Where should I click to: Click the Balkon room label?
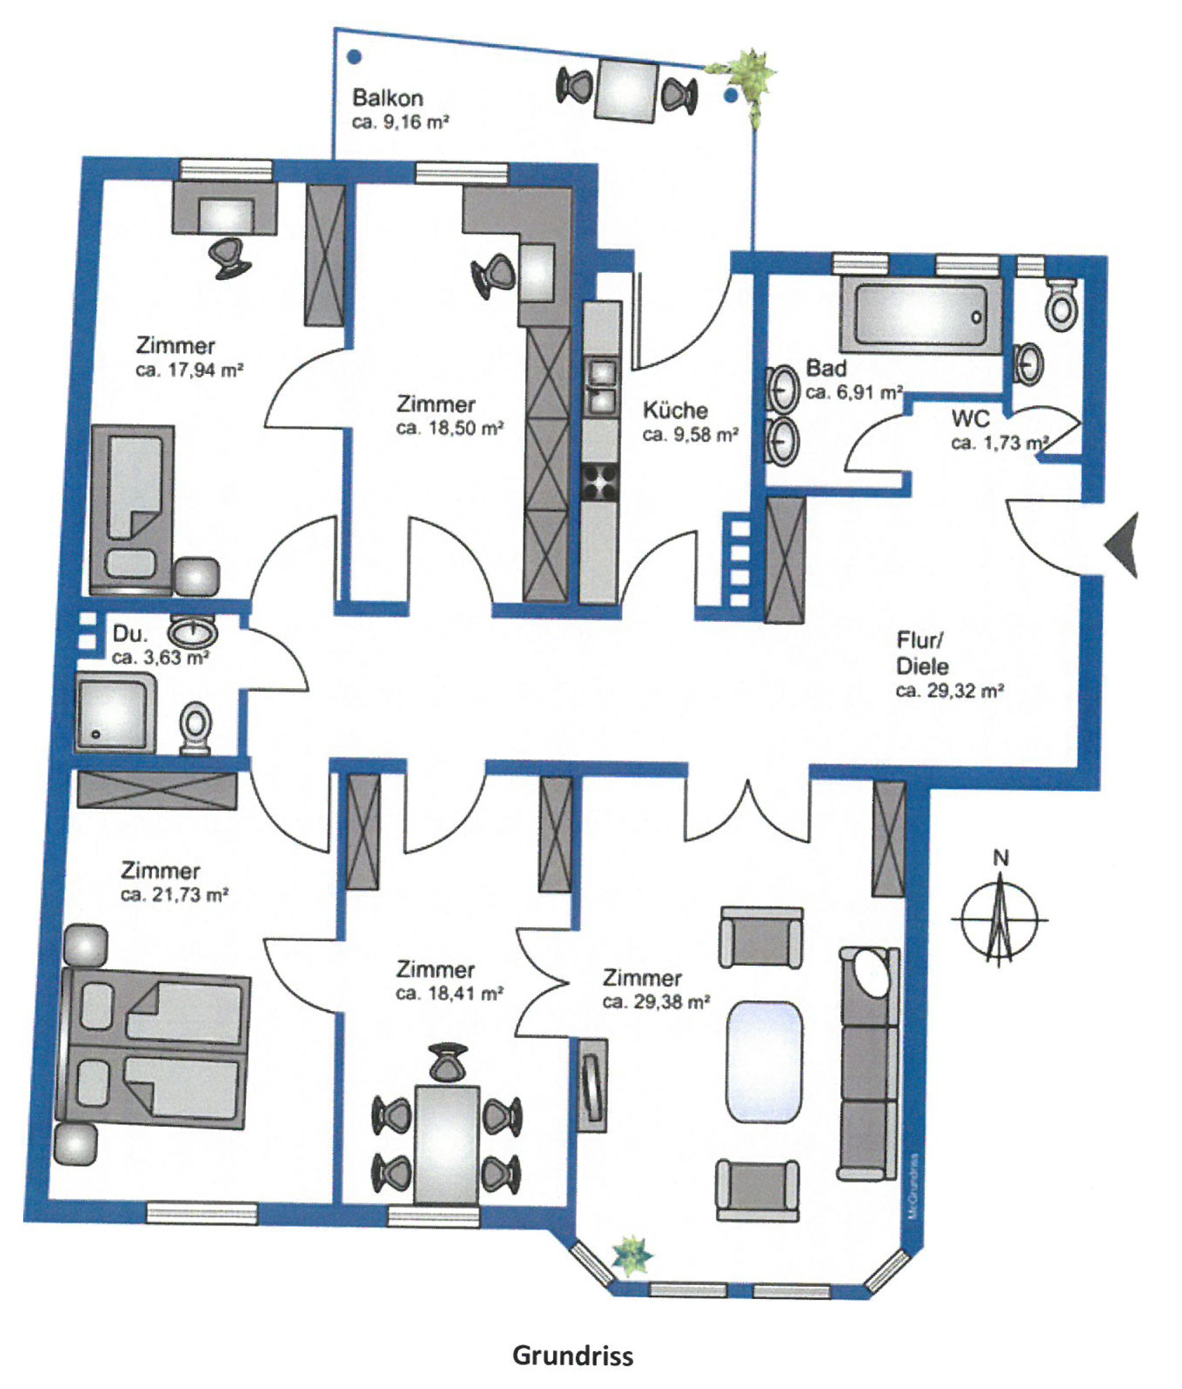[388, 98]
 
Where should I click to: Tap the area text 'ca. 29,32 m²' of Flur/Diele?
[949, 691]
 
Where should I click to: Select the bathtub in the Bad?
[921, 315]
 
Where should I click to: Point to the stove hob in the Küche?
[600, 483]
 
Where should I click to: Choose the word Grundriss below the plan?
[573, 1355]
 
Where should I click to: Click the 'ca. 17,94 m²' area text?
[190, 370]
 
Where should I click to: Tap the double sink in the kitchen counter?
[601, 387]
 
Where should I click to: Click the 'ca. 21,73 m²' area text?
[175, 895]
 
